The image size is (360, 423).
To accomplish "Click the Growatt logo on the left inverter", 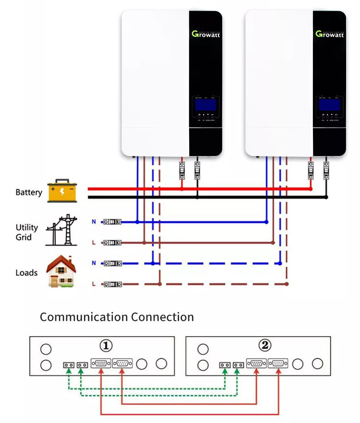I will coord(206,34).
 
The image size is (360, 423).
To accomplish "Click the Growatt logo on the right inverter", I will coord(330,34).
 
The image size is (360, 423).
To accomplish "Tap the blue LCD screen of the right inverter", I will coord(329,104).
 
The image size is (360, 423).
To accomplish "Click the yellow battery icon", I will coord(62,191).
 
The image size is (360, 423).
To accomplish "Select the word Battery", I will coord(29,193).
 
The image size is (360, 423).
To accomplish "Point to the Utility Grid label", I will coord(26,232).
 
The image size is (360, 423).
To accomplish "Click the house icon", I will coord(61,272).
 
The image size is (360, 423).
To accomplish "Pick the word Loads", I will coord(26,273).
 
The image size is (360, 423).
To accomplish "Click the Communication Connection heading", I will coord(117,317).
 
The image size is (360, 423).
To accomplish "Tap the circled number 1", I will coord(106,346).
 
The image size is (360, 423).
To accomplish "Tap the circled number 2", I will coord(264,346).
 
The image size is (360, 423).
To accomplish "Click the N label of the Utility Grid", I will coord(94,222).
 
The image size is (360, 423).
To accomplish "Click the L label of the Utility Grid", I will coord(94,242).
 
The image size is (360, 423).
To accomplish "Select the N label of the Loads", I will coord(94,263).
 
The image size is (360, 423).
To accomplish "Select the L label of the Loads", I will coord(94,284).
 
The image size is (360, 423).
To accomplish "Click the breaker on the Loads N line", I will coord(113,264).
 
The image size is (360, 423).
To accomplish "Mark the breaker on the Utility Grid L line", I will coord(113,242).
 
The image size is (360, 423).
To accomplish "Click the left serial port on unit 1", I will coord(101,363).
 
